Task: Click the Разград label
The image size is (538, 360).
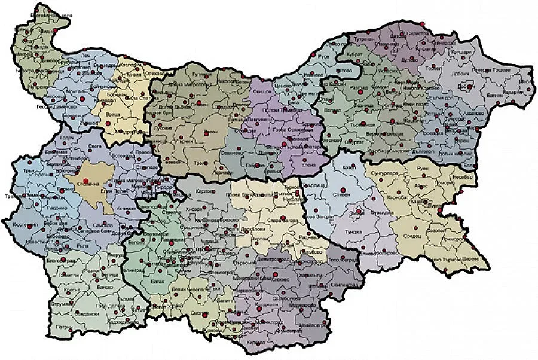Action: click(x=359, y=87)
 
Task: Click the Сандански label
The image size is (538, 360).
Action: click(x=86, y=313)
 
